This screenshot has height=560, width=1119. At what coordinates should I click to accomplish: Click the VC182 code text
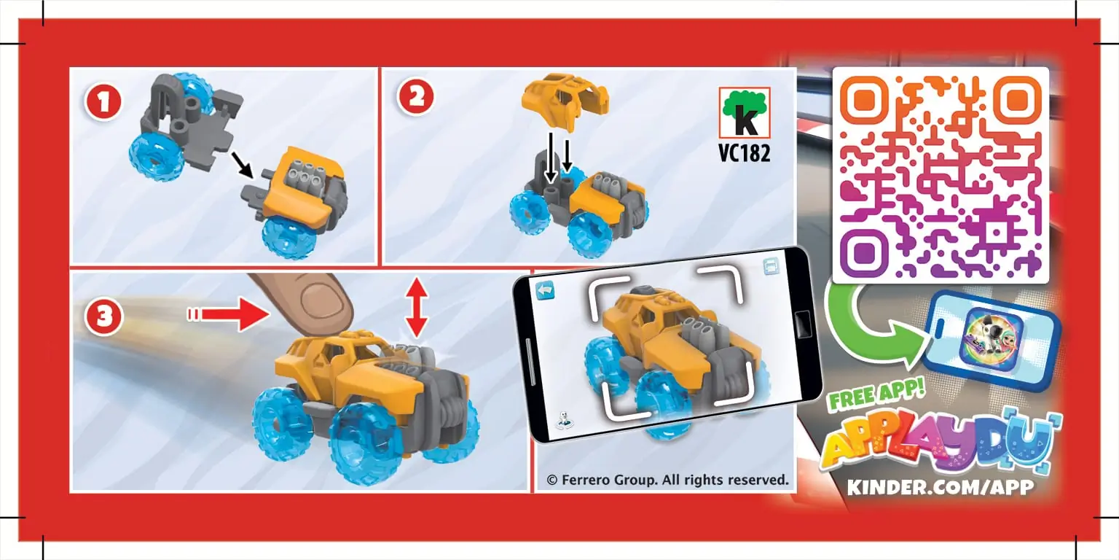point(744,155)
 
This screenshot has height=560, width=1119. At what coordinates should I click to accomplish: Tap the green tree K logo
point(744,113)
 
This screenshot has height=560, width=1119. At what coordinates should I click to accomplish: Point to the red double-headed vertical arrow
point(416,307)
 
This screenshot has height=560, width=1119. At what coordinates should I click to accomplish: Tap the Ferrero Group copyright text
point(667,480)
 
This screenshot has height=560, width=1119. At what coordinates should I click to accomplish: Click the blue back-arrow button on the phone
point(545,290)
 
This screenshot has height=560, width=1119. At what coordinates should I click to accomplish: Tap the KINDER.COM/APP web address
point(941,487)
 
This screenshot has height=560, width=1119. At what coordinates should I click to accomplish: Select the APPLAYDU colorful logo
point(940,443)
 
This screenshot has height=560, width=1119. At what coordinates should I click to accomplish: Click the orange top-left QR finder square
point(863,98)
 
